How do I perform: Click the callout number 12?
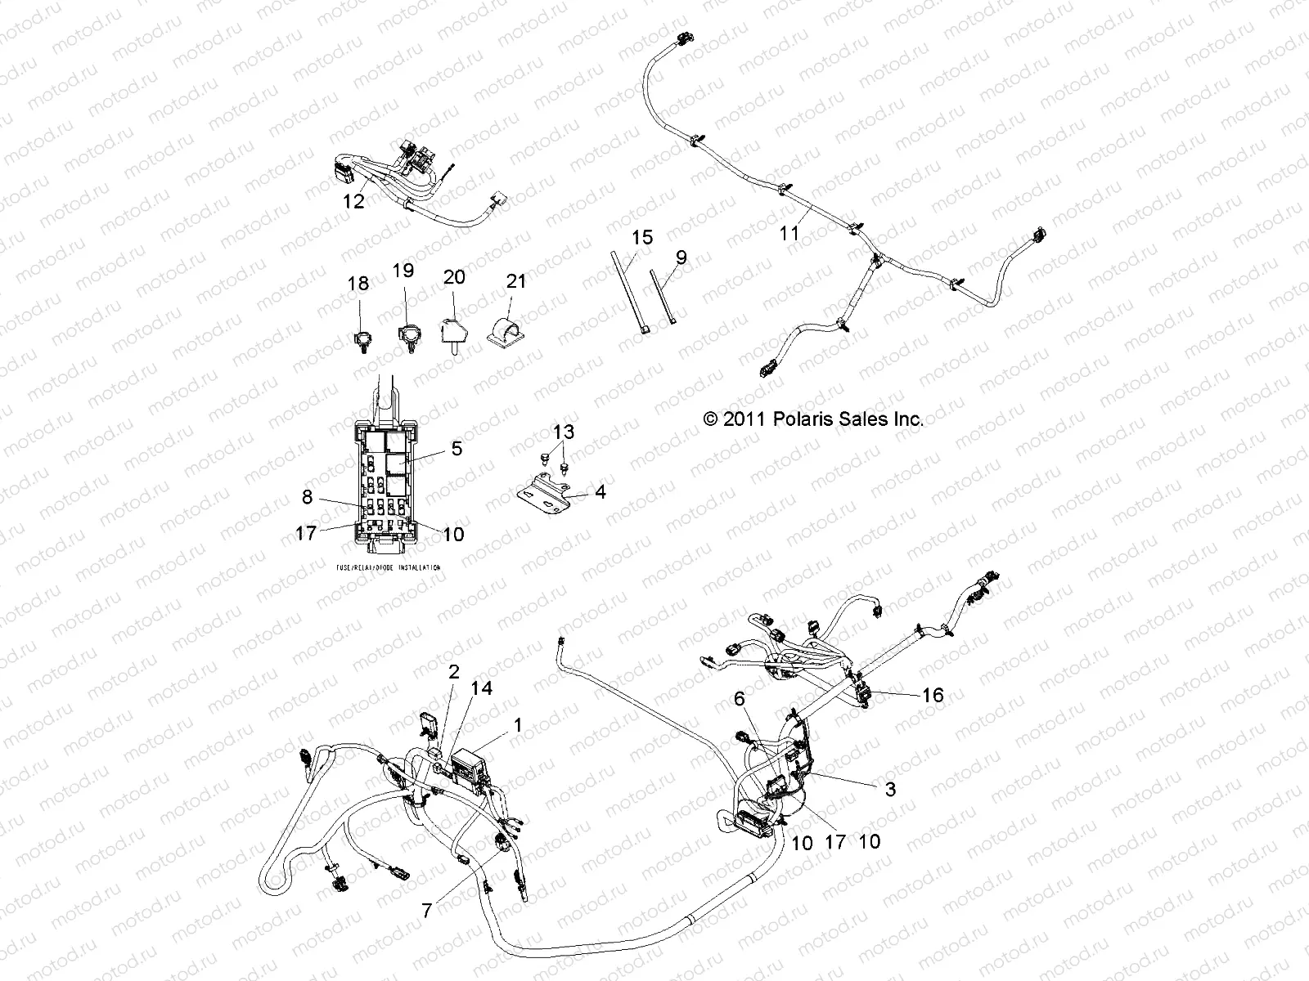[x=353, y=200]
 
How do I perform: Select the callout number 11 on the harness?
[x=789, y=233]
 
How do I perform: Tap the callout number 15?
[x=643, y=238]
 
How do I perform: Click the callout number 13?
[x=564, y=432]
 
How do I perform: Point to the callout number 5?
[x=457, y=448]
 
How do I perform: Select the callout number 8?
[x=307, y=495]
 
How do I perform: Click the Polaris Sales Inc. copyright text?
[x=813, y=419]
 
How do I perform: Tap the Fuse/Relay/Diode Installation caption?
[x=388, y=567]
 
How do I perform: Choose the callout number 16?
[x=932, y=695]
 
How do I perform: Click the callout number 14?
[x=482, y=688]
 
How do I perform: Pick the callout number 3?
[x=890, y=789]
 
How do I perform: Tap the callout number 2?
[x=453, y=672]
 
